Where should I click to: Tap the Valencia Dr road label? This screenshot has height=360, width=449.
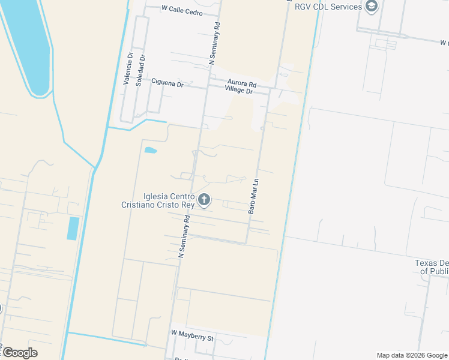point(127,70)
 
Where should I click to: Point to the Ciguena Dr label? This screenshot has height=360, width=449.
point(167,84)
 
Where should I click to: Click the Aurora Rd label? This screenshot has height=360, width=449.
point(242,83)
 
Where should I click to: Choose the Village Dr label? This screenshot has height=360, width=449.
point(239,90)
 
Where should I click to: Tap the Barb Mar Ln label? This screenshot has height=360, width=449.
point(253,196)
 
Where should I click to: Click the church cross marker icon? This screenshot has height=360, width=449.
point(205,200)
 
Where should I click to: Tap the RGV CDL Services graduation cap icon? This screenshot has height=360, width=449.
point(372,7)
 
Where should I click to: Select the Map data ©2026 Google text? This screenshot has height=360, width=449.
point(412,355)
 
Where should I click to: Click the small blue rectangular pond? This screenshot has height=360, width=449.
point(73,229)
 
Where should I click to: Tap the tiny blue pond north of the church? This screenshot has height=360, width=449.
point(150,150)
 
